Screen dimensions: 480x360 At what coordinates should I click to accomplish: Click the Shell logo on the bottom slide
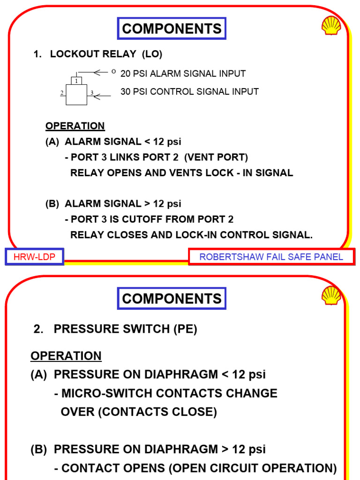pyautogui.click(x=331, y=295)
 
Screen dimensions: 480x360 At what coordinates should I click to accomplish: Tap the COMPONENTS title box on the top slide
pyautogui.click(x=172, y=29)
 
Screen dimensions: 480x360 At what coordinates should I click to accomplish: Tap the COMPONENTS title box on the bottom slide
pyautogui.click(x=172, y=299)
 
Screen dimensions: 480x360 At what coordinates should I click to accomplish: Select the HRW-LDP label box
pyautogui.click(x=34, y=257)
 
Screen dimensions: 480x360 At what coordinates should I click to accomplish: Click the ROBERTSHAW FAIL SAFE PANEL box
pyautogui.click(x=271, y=257)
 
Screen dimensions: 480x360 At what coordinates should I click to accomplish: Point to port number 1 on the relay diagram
pyautogui.click(x=76, y=81)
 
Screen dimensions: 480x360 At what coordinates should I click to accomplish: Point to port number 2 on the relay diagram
pyautogui.click(x=62, y=93)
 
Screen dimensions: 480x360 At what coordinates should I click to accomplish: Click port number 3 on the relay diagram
pyautogui.click(x=92, y=93)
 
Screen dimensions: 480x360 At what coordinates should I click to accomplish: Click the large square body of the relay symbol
pyautogui.click(x=76, y=96)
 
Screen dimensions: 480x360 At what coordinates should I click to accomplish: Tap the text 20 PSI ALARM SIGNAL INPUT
pyautogui.click(x=183, y=74)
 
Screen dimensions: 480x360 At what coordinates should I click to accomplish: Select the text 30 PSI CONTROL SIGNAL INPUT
pyautogui.click(x=189, y=91)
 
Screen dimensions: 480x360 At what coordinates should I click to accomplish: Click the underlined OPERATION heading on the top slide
pyautogui.click(x=75, y=126)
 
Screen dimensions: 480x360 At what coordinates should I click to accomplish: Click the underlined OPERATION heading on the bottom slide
pyautogui.click(x=66, y=356)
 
